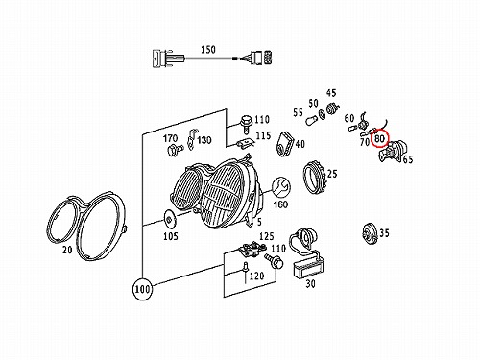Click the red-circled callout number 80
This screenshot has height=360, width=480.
point(379,138)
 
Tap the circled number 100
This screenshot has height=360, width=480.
point(142,289)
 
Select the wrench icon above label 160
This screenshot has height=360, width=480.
point(281,188)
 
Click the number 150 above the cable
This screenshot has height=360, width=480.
point(208,50)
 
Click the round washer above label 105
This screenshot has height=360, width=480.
point(169,219)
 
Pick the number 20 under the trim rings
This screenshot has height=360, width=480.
point(67,250)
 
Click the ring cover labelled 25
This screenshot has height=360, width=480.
point(315,178)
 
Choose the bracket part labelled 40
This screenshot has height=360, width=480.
point(285,144)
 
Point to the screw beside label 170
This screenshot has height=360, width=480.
point(175,149)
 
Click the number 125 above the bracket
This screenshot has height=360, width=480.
point(267,236)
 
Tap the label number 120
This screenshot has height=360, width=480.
point(256,276)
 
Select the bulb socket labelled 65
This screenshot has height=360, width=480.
point(392,151)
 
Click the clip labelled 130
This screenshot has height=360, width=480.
point(191,139)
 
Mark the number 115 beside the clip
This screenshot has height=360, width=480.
point(263,135)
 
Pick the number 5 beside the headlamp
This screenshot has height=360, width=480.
point(259,221)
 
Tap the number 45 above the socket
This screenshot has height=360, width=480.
point(331,93)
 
